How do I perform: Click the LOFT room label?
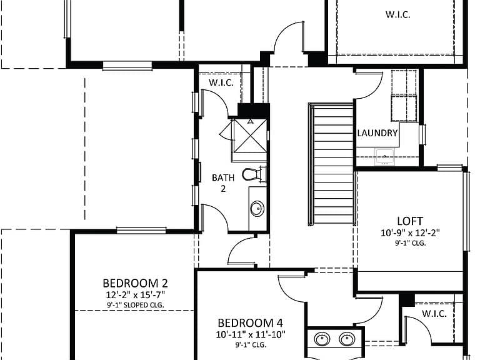point(410,221)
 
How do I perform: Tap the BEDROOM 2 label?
point(135,283)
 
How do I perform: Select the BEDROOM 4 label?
point(250,323)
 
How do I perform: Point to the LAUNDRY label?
point(377,133)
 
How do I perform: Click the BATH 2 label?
point(223,183)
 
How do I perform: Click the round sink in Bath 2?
point(257,209)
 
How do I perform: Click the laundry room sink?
point(385,156)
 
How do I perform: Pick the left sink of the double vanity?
point(322,339)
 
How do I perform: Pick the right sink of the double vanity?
point(347,339)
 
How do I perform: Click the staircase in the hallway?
point(331,165)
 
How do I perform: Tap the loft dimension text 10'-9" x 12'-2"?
point(410,233)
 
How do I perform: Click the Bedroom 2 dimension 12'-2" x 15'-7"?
point(135,295)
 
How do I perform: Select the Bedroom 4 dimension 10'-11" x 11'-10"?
point(251,334)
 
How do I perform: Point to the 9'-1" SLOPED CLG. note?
point(135,305)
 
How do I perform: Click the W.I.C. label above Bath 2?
point(221,82)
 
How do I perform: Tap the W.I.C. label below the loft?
point(434,314)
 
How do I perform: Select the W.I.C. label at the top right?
point(397,15)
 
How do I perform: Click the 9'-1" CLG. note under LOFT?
point(410,243)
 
